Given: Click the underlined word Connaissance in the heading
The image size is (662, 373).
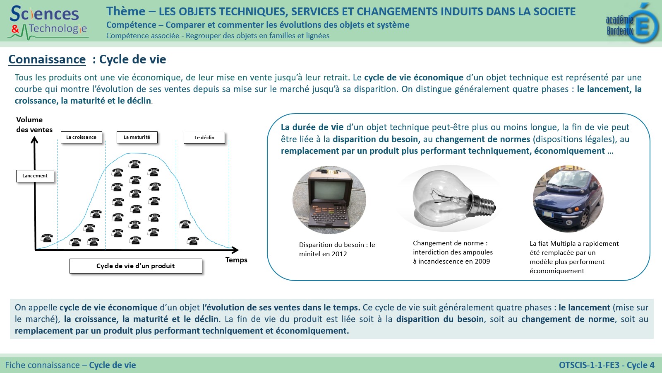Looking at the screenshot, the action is tap(47, 59).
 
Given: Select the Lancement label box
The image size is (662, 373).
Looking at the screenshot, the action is tap(35, 176).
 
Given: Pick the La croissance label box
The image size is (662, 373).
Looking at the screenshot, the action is tap(81, 137).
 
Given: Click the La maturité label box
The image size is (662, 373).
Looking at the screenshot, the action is tap(137, 137).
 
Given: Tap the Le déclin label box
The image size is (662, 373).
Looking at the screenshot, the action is tap(204, 138).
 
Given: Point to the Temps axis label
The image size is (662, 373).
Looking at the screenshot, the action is tap(236, 260).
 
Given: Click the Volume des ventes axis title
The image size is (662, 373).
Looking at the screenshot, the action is tap(34, 125).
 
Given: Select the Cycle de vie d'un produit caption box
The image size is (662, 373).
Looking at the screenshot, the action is tap(136, 266).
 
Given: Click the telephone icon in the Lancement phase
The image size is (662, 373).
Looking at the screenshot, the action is tap(47, 238).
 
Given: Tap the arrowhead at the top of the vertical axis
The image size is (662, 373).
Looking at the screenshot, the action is tap(35, 140).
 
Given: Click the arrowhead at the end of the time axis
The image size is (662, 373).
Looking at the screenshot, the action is tap(235, 250).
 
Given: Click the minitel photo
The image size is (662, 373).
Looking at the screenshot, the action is tap(329, 200).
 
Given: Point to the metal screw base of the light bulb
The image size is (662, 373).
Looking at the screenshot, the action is tap(484, 204).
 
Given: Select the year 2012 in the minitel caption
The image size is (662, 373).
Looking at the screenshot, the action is tap(339, 254).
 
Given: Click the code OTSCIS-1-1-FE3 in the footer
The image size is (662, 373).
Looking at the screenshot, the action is tap(589, 365).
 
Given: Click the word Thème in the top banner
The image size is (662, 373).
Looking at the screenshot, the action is tap(126, 11).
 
